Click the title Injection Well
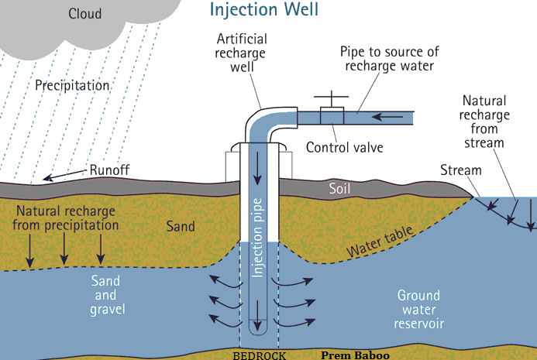pos(264,10)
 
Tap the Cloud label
pos(84,14)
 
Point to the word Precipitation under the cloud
pos(72,85)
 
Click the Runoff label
pos(109,170)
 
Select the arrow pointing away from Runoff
pos(64,174)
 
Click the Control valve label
pos(345,148)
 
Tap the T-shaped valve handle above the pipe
pos(332,98)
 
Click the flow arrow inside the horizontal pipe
pos(387,117)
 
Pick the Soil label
pos(339,189)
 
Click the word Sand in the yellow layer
pos(181,226)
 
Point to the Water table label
pos(380,242)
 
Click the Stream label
pos(460,170)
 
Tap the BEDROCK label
pos(260,355)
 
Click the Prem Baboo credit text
pos(355,355)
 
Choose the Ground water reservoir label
pos(419,310)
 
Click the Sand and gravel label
pos(107,295)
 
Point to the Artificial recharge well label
pos(242,53)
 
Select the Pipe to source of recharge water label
pos(390,59)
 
